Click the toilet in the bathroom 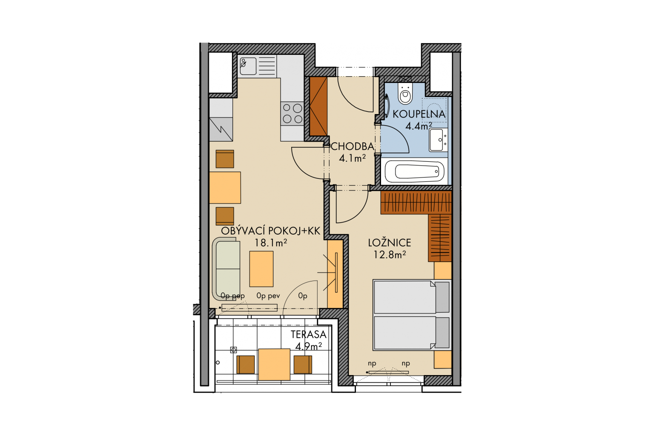pyautogui.click(x=405, y=93)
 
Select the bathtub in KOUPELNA pyautogui.click(x=415, y=172)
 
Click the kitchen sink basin pyautogui.click(x=248, y=66)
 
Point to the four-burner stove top pyautogui.click(x=292, y=114)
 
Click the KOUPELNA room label pyautogui.click(x=419, y=114)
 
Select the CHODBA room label pyautogui.click(x=353, y=146)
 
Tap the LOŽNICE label pyautogui.click(x=390, y=243)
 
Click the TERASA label pyautogui.click(x=308, y=334)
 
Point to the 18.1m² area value pyautogui.click(x=271, y=243)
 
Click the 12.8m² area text pyautogui.click(x=390, y=255)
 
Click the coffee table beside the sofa pyautogui.click(x=261, y=269)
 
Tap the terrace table pyautogui.click(x=274, y=364)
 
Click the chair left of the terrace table pyautogui.click(x=246, y=364)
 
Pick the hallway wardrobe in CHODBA pyautogui.click(x=318, y=106)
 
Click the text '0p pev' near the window pyautogui.click(x=268, y=296)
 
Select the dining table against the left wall pyautogui.click(x=225, y=187)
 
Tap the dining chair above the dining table pyautogui.click(x=225, y=159)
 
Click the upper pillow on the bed pyautogui.click(x=442, y=297)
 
